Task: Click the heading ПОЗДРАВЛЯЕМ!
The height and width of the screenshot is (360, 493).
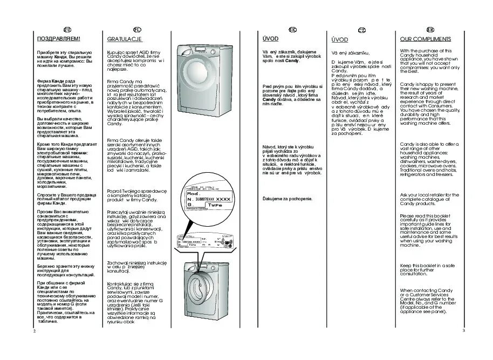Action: click(x=58, y=39)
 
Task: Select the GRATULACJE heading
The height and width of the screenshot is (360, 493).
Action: click(x=125, y=39)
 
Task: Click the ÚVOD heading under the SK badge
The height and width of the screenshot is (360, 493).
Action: click(x=270, y=39)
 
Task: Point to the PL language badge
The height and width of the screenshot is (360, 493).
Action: click(x=137, y=29)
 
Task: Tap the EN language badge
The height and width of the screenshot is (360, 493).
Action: click(x=430, y=29)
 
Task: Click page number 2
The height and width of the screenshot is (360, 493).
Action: click(x=34, y=330)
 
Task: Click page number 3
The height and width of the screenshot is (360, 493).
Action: click(x=463, y=330)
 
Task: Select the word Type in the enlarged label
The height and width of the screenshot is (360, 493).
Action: click(x=216, y=205)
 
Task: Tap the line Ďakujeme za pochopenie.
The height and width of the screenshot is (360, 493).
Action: click(x=287, y=199)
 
